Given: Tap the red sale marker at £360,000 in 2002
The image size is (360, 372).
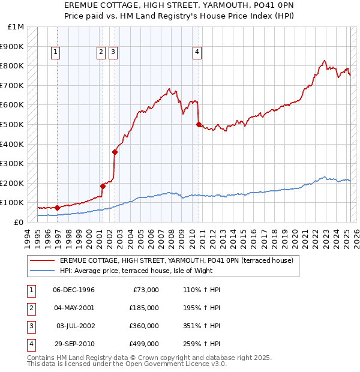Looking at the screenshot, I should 115,152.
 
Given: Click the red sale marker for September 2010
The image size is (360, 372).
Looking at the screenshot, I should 199,124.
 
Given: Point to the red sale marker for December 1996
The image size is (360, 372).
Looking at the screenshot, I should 57,208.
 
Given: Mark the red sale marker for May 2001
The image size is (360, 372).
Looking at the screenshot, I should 103,186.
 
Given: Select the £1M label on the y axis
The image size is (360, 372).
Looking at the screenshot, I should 16,27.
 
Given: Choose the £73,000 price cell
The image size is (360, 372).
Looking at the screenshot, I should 145,290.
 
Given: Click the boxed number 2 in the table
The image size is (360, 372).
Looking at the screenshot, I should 31,308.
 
